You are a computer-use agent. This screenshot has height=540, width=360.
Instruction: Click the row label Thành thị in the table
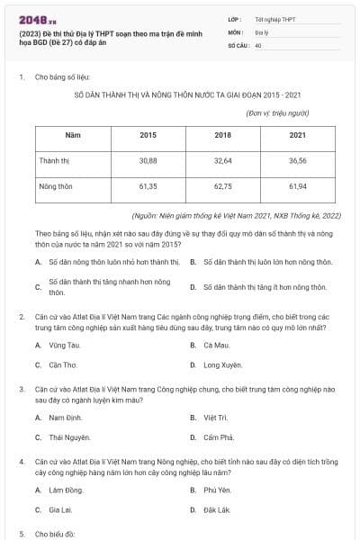tap(55, 160)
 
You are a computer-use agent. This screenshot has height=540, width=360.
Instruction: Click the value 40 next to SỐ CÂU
tap(258, 44)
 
